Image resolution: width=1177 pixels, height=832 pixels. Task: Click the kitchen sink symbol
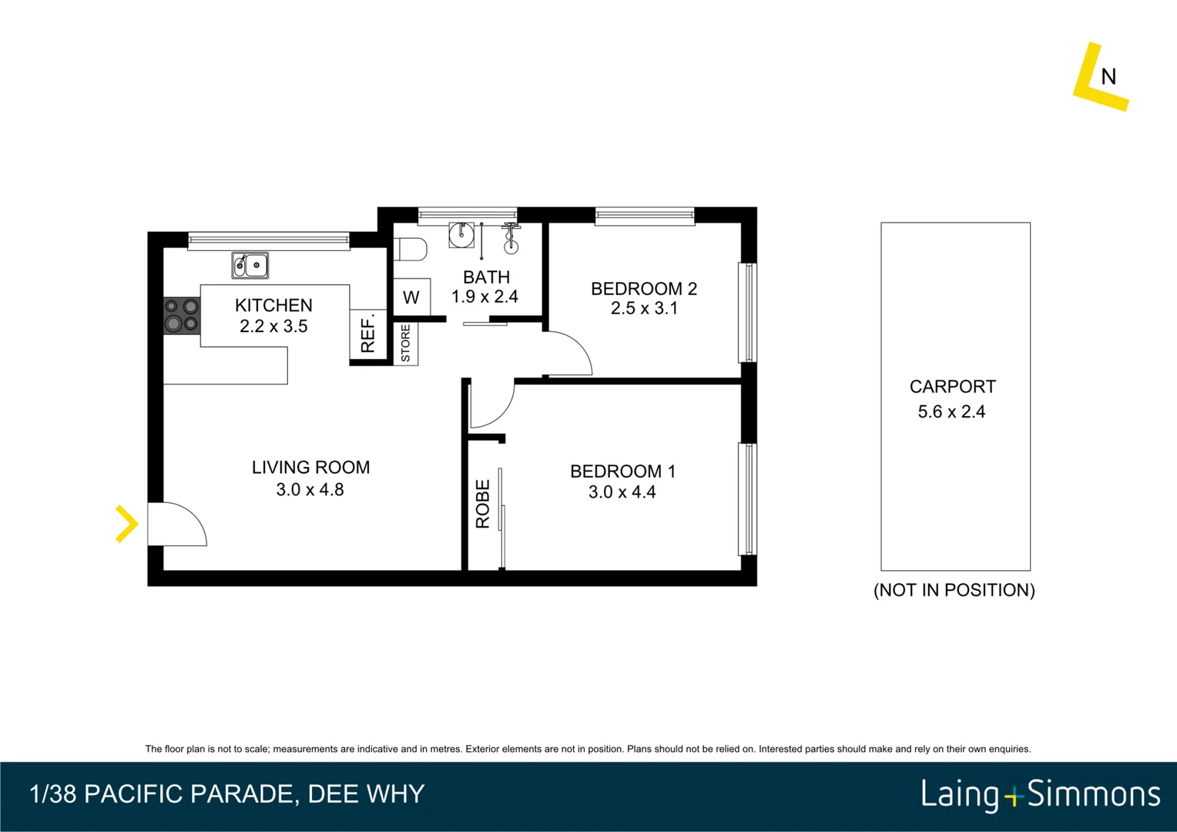[x=250, y=265]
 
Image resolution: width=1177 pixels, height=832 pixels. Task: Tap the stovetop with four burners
[x=182, y=316]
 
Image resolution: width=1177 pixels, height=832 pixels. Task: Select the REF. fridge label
[x=368, y=333]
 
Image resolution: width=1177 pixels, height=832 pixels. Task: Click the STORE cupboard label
[x=406, y=344]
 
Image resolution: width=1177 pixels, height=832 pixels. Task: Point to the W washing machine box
[x=411, y=297]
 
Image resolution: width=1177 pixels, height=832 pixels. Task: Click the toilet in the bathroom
[x=411, y=249]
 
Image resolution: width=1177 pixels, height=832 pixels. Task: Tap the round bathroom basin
[x=461, y=234]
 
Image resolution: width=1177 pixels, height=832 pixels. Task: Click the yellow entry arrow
[x=126, y=524]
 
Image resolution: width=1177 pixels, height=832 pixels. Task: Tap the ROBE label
[x=482, y=504]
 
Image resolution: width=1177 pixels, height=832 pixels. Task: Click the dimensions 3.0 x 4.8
[x=310, y=489]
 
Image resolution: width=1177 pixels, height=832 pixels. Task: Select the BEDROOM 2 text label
[x=644, y=289]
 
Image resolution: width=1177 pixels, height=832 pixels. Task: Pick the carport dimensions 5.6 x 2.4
[x=951, y=411]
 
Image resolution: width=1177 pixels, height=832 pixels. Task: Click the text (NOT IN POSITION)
[x=954, y=590]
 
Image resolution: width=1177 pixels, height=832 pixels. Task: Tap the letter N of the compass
[x=1108, y=77]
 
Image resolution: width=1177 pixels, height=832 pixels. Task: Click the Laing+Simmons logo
[x=1041, y=794]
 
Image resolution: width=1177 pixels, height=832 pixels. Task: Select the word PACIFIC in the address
[x=135, y=793]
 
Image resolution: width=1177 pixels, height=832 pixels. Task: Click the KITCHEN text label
[x=273, y=305]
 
